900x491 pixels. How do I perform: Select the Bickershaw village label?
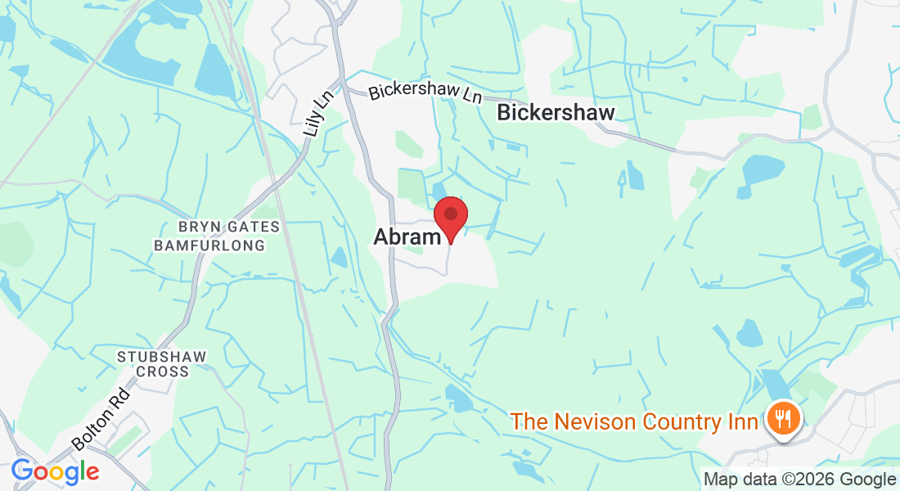click(x=556, y=112)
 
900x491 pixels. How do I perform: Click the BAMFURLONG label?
click(x=209, y=245)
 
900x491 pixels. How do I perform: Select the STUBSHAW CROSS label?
click(x=161, y=364)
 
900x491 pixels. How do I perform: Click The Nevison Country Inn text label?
click(x=634, y=422)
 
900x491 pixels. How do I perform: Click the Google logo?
click(x=55, y=471)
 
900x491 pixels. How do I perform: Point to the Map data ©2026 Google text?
click(x=800, y=480)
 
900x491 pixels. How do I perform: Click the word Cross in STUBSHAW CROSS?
click(x=162, y=372)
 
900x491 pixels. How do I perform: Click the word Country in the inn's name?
click(x=682, y=422)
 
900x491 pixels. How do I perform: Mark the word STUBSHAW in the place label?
click(x=161, y=357)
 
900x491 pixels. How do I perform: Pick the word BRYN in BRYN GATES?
click(x=196, y=227)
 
